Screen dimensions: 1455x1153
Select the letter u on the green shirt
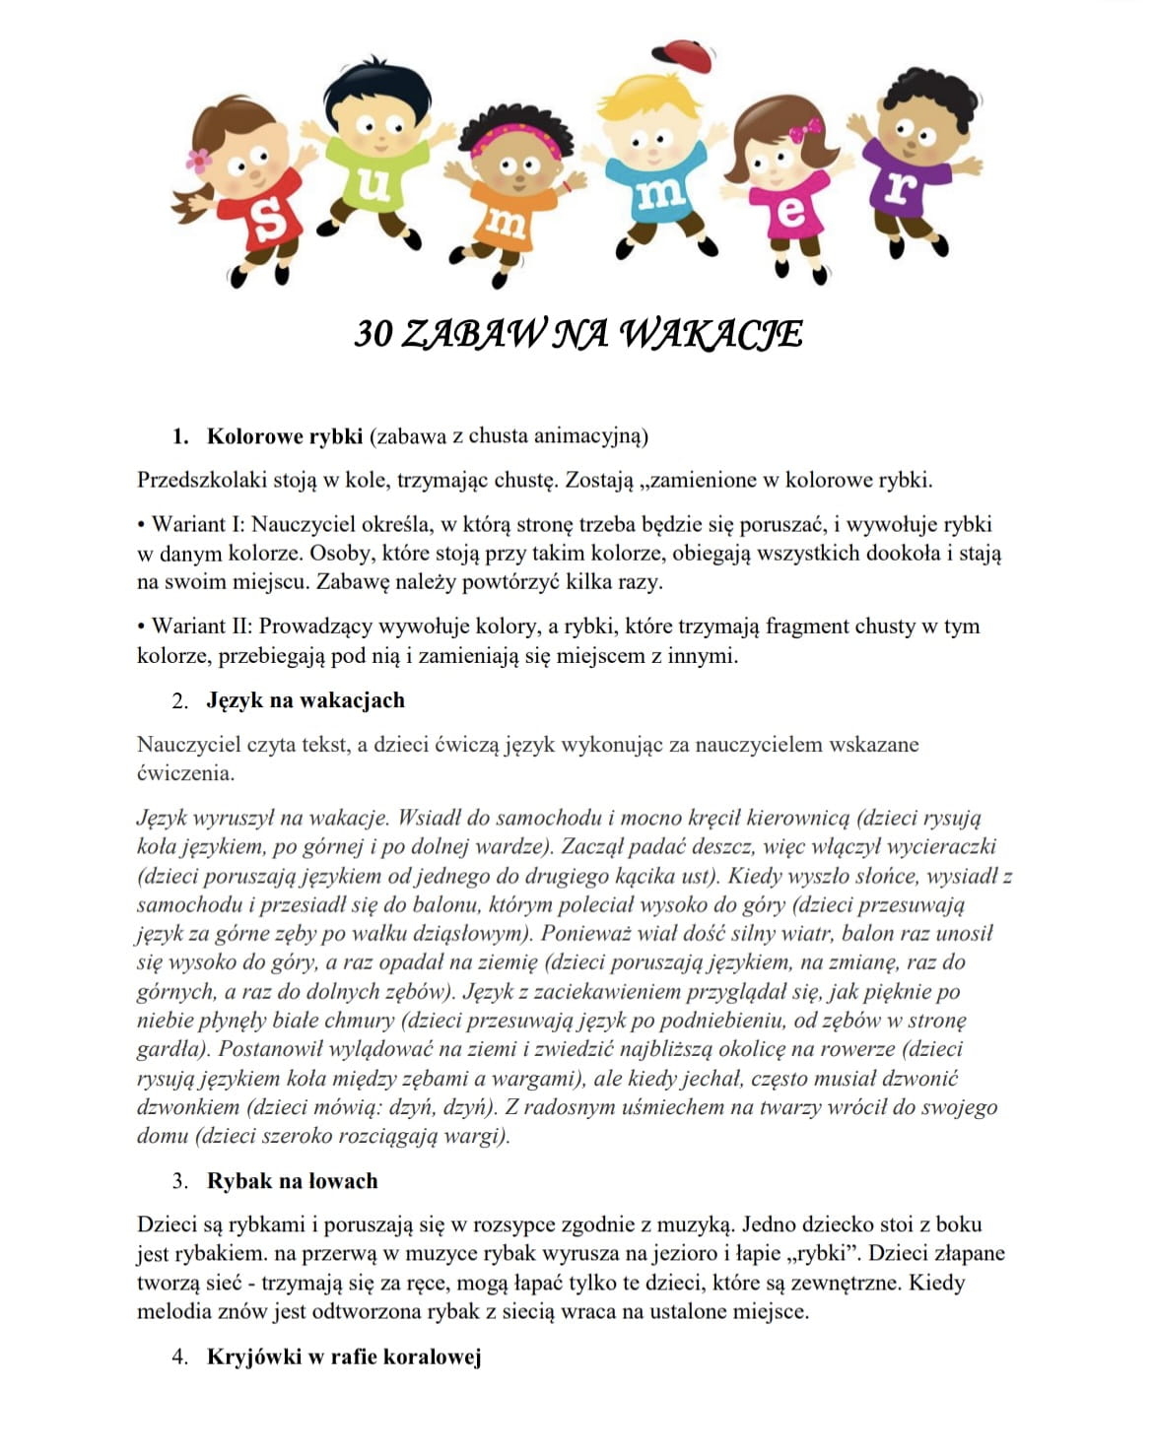[x=373, y=184]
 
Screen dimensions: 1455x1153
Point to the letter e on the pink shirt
[x=790, y=212]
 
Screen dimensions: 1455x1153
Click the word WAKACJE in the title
[x=710, y=334]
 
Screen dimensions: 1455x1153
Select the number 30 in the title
[x=373, y=334]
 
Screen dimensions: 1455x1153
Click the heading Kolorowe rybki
[x=285, y=436]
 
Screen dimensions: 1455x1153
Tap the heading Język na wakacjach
[x=305, y=700]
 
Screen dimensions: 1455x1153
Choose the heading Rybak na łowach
[x=292, y=1181]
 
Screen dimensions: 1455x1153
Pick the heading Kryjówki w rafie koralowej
[x=344, y=1356]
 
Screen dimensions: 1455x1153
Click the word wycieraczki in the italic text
[x=942, y=846]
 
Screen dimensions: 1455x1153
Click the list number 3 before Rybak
[x=179, y=1181]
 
